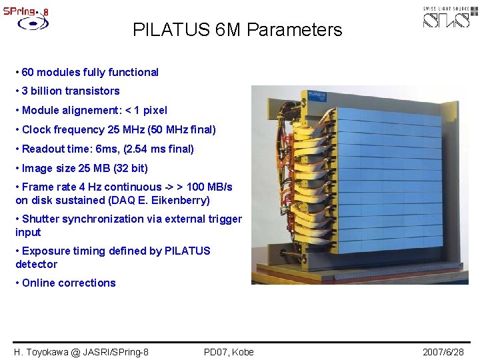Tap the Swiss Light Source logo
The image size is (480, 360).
[x=450, y=17]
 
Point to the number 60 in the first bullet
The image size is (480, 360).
[x=29, y=72]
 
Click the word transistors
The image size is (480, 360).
[x=93, y=91]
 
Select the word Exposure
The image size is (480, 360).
[x=45, y=251]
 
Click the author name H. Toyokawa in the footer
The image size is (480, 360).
[x=41, y=351]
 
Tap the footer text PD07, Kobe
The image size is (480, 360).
[x=229, y=351]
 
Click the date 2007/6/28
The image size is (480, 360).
[x=443, y=351]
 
